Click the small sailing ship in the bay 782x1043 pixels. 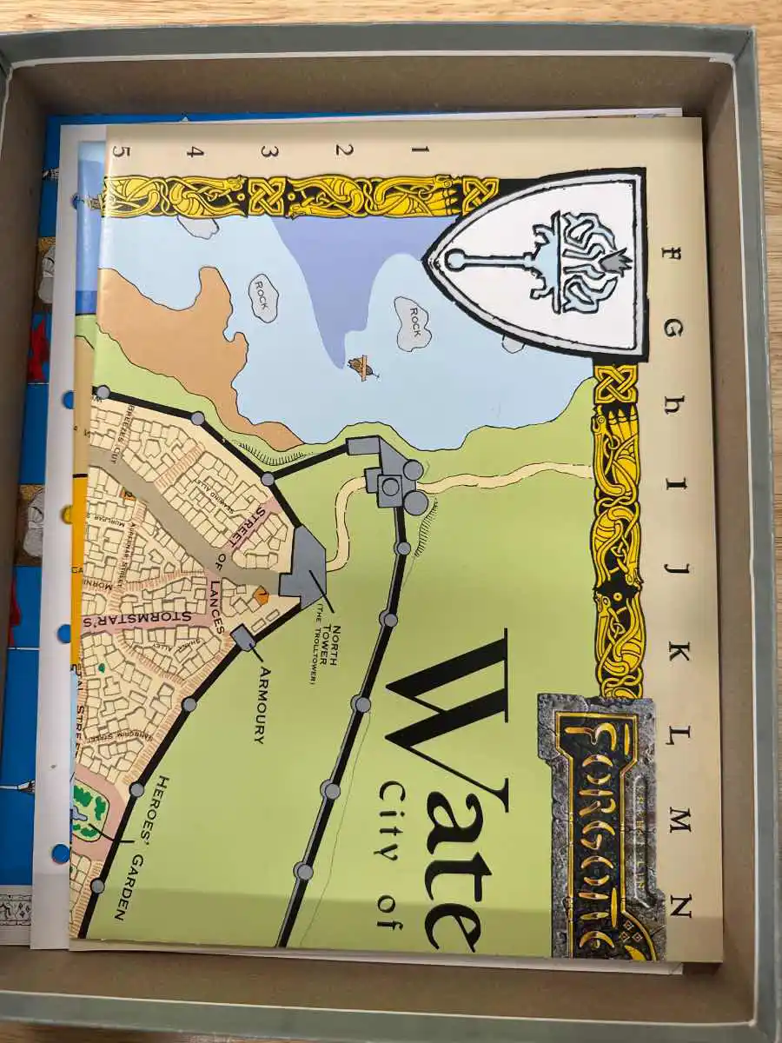[362, 369]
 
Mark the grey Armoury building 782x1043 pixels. [244, 637]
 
